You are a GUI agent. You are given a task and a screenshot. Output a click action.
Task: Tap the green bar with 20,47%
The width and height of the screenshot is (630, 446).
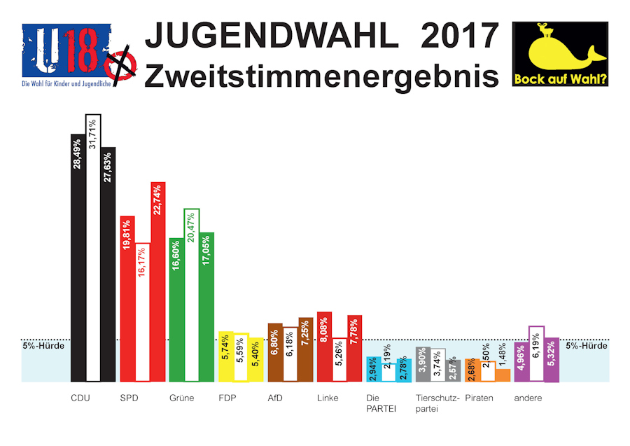click(192, 295)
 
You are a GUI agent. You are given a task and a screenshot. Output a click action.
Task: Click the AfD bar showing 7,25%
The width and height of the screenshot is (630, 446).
click(304, 349)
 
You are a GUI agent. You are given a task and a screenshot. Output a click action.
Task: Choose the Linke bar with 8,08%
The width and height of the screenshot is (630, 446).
click(324, 347)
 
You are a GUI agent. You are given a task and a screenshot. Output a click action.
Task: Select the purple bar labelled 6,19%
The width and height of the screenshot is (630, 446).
click(536, 354)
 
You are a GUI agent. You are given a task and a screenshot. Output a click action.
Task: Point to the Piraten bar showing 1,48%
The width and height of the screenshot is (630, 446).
click(503, 375)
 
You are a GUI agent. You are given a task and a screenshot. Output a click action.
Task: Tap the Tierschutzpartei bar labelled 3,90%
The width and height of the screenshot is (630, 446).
click(422, 364)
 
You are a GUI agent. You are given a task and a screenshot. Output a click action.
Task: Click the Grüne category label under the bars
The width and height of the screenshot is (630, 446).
click(181, 398)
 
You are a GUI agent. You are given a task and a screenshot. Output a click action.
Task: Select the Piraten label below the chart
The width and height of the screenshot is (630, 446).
click(479, 398)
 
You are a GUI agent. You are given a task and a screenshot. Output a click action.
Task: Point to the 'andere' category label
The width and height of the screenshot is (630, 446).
click(527, 398)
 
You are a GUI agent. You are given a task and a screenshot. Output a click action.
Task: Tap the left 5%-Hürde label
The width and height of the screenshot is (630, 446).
click(43, 345)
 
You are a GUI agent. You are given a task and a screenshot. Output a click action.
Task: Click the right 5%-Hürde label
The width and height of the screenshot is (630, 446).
click(587, 345)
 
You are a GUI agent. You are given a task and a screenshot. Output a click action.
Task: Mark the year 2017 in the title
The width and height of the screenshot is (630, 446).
click(460, 35)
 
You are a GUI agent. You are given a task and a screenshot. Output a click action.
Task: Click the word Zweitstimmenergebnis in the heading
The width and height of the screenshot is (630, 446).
click(321, 75)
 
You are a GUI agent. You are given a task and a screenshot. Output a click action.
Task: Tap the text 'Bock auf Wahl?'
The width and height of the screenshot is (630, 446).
click(560, 79)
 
